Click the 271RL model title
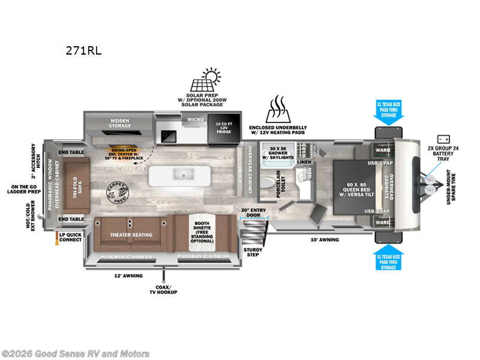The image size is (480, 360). click(x=83, y=50)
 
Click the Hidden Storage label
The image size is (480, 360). click(x=119, y=124)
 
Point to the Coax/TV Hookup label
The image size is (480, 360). click(x=163, y=289)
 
